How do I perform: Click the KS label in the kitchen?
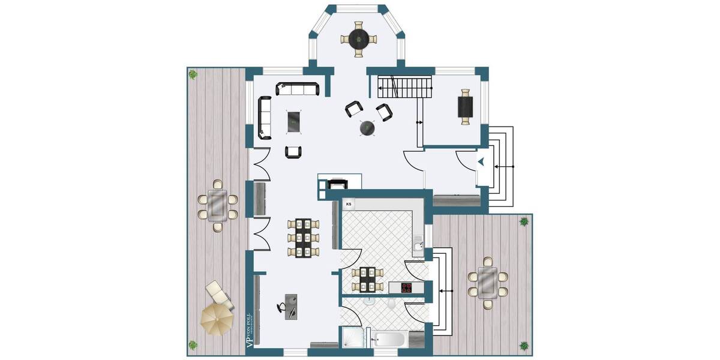[x=349, y=204]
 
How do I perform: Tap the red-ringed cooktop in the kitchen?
[x=407, y=288]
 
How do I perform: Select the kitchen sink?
[x=419, y=245]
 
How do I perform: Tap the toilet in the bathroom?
[x=391, y=304]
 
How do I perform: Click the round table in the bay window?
[x=359, y=40]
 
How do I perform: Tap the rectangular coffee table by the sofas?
[x=294, y=122]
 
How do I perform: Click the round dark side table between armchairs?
[x=367, y=128]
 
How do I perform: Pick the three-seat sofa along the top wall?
[x=298, y=89]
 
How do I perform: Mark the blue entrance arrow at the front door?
[x=482, y=161]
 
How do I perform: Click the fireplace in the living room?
[x=336, y=184]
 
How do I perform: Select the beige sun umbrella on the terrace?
[x=215, y=319]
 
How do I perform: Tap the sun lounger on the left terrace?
[x=219, y=293]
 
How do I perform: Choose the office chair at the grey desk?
[x=282, y=308]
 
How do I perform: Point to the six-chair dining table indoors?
[x=302, y=238]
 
